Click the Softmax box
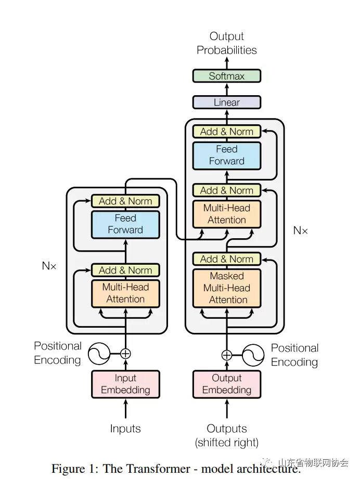tap(226, 76)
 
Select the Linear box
tap(226, 102)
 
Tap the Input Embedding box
tap(125, 384)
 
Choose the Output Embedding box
tap(226, 384)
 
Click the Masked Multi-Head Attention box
tap(226, 288)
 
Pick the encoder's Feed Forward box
tap(125, 224)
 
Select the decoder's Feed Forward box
tap(226, 155)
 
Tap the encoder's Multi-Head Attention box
tap(125, 293)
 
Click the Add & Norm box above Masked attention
tap(226, 259)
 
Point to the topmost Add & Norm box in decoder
tap(226, 132)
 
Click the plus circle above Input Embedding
tap(125, 354)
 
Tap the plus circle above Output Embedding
tap(226, 355)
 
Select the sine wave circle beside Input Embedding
tap(99, 354)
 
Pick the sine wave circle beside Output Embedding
tap(253, 355)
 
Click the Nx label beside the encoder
tap(49, 266)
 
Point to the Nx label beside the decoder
tap(300, 230)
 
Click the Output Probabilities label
tap(226, 43)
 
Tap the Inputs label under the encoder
tap(125, 429)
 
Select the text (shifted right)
tap(226, 443)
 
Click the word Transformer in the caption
tap(159, 469)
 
